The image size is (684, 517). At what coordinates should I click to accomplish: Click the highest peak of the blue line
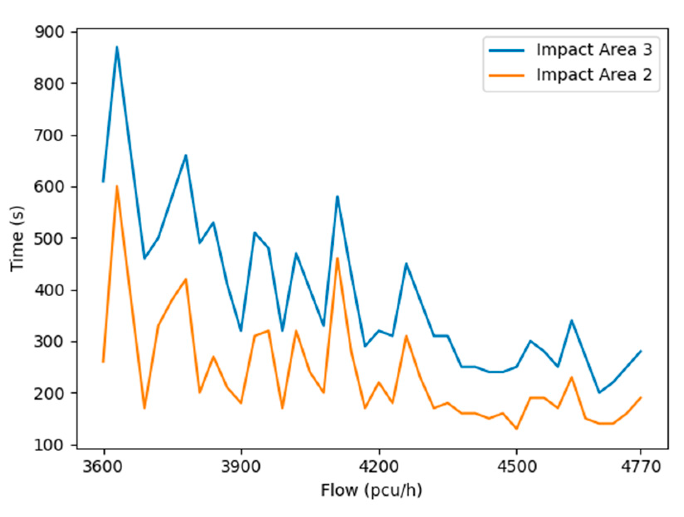point(117,47)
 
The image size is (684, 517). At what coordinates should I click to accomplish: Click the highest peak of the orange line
point(117,186)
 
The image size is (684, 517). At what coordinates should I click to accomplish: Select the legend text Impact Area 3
point(594,50)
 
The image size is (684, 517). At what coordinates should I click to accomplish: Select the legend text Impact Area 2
point(594,75)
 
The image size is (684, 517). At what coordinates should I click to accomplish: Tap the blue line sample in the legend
point(507,50)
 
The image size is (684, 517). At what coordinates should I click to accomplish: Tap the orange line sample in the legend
point(507,75)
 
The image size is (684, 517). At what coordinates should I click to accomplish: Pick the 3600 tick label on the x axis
point(103,466)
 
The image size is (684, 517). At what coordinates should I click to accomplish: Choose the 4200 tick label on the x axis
point(379,466)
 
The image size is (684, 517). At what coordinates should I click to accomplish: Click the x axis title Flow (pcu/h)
point(371,490)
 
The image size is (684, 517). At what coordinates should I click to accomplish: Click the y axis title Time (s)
point(17,239)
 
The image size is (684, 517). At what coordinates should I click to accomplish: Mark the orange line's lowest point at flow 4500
point(517,429)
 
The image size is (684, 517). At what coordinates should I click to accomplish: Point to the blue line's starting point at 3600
point(103,181)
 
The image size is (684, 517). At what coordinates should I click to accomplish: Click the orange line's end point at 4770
point(641,398)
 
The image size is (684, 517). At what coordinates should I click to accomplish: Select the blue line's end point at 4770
point(641,351)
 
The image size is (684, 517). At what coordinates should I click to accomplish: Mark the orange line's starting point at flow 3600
point(103,362)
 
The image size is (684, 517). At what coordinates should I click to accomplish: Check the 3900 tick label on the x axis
point(241,466)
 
